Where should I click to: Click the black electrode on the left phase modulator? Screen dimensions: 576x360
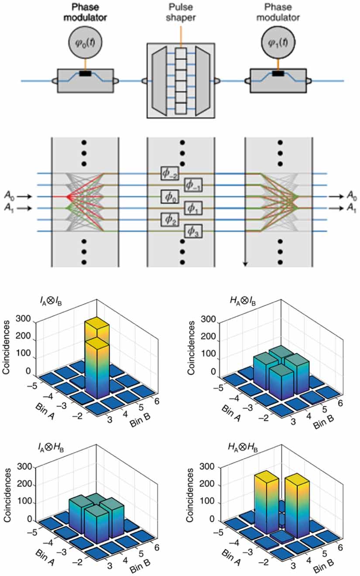pyautogui.click(x=85, y=74)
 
